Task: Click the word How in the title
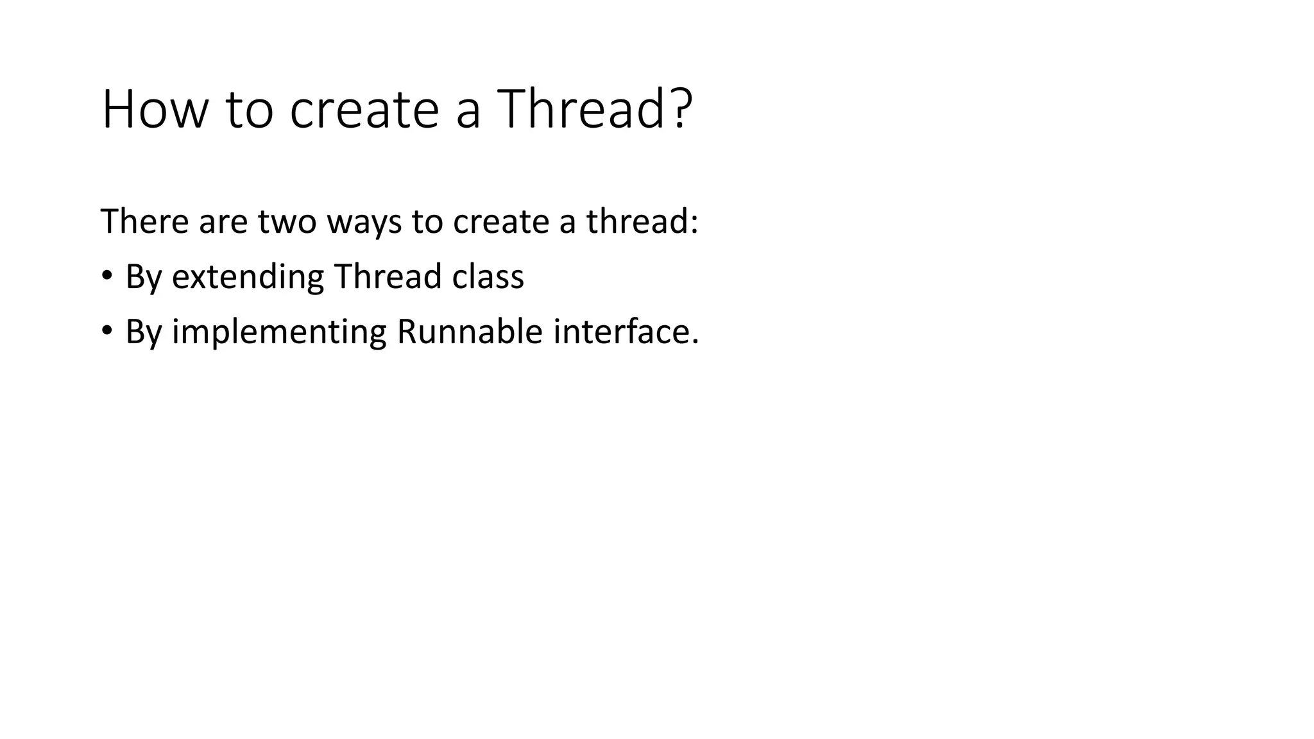155,110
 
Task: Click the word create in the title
364,111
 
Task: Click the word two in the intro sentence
287,222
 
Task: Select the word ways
364,224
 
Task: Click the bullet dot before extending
107,276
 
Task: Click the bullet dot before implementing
107,332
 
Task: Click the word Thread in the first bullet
388,276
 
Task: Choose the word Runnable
470,332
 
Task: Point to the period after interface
695,343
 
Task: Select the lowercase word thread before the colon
636,221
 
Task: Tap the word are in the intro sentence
223,223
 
